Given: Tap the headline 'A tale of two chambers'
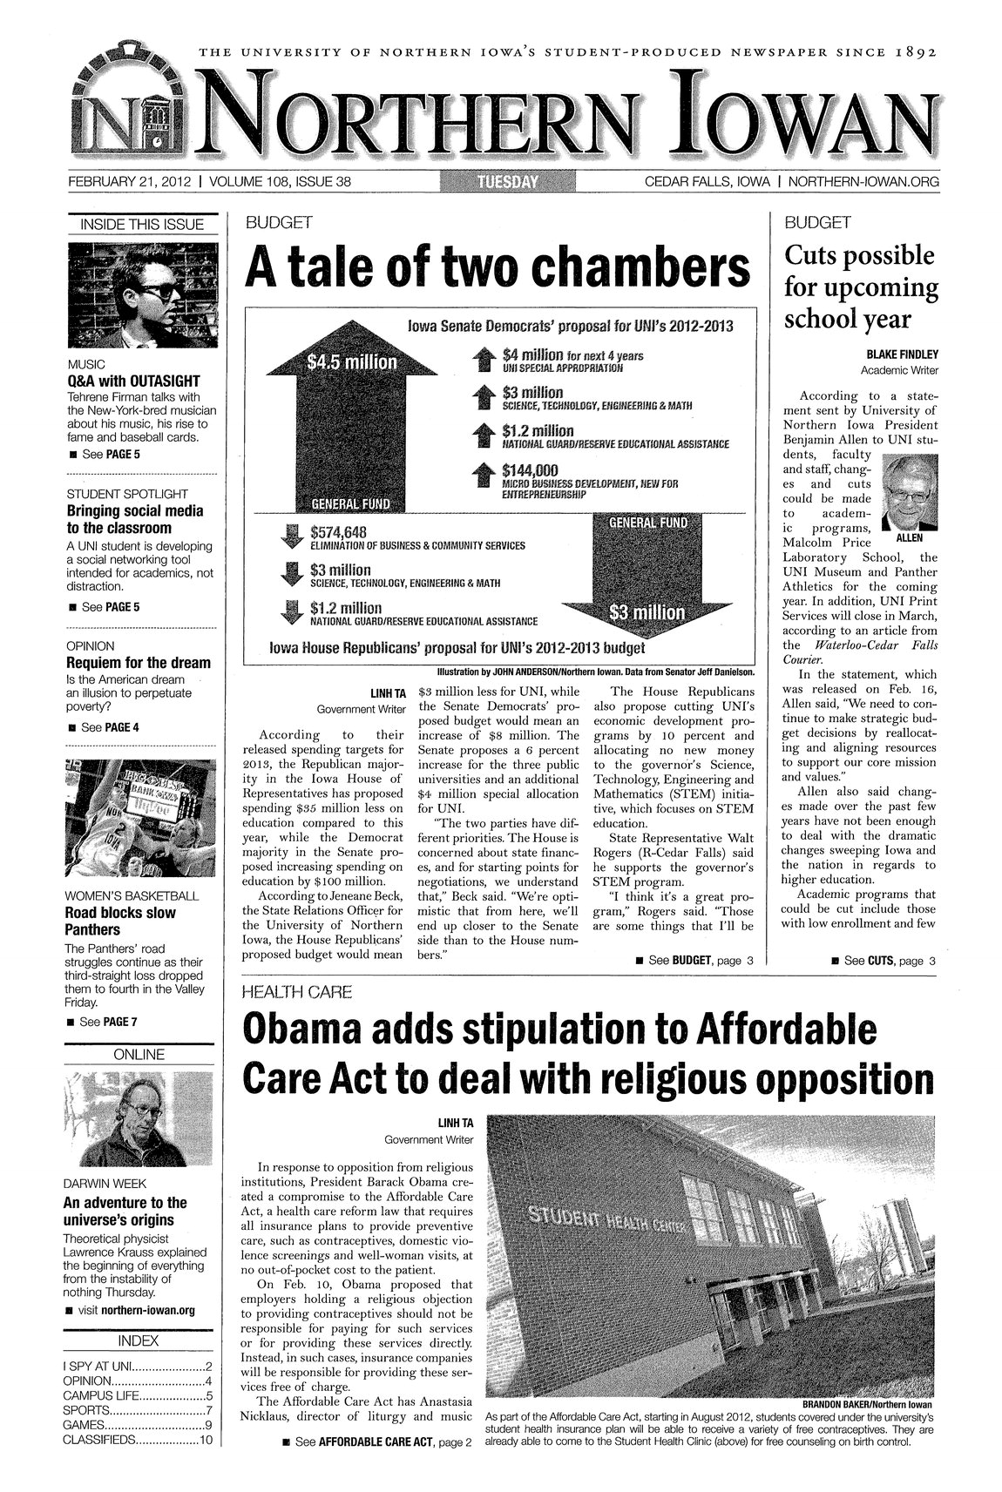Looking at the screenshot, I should pyautogui.click(x=498, y=267).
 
